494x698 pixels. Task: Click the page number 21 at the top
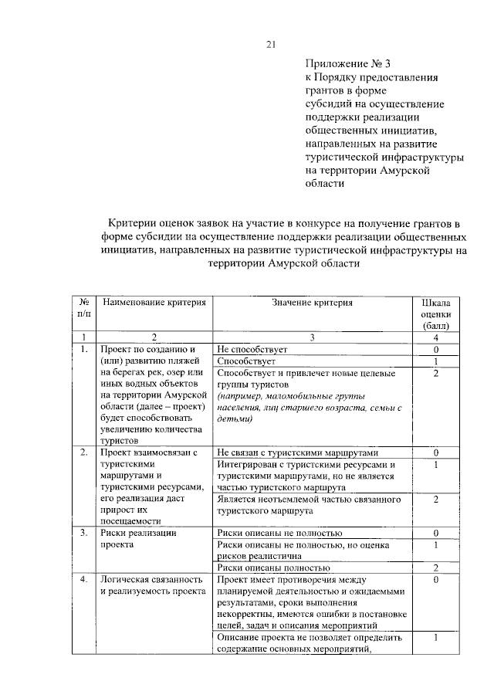[271, 44]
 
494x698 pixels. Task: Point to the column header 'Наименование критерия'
[155, 303]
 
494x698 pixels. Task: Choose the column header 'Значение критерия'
[311, 303]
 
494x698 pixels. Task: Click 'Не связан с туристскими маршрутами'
[297, 452]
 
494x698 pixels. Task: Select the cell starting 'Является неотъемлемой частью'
[309, 505]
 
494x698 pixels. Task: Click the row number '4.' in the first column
[83, 578]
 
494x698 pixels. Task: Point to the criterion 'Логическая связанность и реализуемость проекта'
[151, 584]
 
